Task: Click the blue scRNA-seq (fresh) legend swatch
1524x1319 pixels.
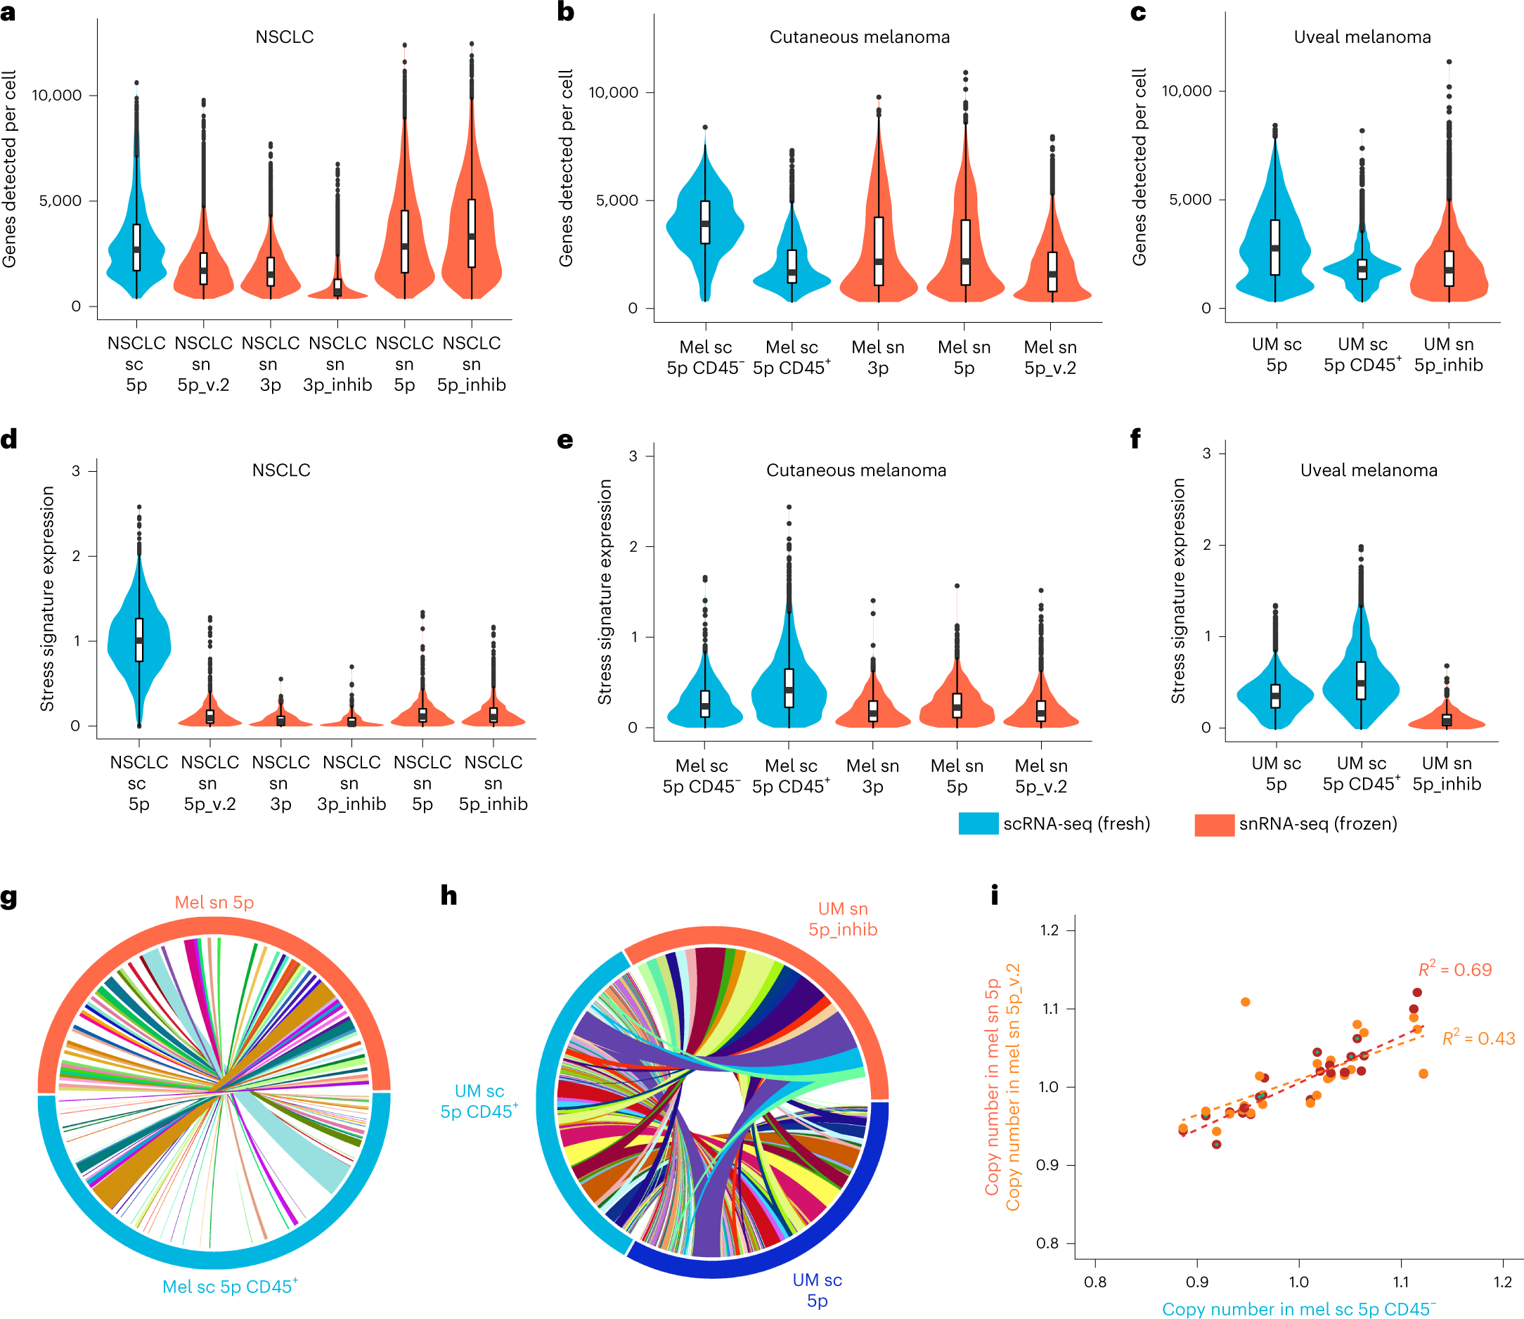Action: pyautogui.click(x=978, y=823)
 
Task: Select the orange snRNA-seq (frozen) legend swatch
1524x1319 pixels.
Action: pyautogui.click(x=1214, y=824)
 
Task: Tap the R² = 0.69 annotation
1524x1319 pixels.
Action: pyautogui.click(x=1455, y=970)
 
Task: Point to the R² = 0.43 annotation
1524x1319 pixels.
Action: pyautogui.click(x=1478, y=1038)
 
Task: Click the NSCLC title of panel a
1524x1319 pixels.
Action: pyautogui.click(x=284, y=37)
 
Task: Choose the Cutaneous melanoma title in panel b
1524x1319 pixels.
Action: pyautogui.click(x=859, y=37)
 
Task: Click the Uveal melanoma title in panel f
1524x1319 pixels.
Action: pyautogui.click(x=1368, y=470)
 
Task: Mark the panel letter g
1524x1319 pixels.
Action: pyautogui.click(x=9, y=897)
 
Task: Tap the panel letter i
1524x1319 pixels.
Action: pyautogui.click(x=995, y=895)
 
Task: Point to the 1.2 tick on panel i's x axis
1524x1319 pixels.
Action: pyautogui.click(x=1502, y=1282)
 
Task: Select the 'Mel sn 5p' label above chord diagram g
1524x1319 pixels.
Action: pyautogui.click(x=214, y=902)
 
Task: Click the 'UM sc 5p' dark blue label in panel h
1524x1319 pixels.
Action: pyautogui.click(x=817, y=1289)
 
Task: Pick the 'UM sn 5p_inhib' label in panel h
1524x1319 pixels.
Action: pyautogui.click(x=843, y=920)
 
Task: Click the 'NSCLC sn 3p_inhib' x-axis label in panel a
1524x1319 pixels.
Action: pyautogui.click(x=337, y=363)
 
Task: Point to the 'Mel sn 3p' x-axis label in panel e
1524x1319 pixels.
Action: pyautogui.click(x=873, y=776)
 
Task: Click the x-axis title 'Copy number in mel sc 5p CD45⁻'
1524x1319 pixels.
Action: pyautogui.click(x=1299, y=1308)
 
